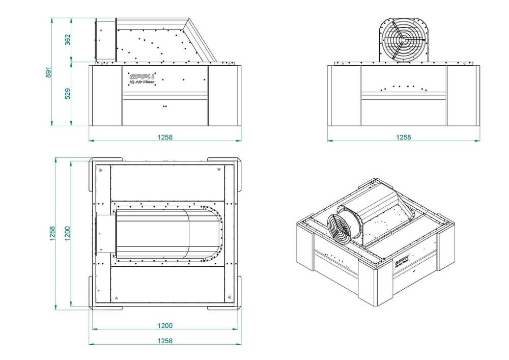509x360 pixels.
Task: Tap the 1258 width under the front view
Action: coord(164,137)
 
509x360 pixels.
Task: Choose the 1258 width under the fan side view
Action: coord(403,137)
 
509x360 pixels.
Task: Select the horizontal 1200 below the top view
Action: coord(164,326)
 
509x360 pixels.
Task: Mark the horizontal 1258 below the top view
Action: coord(164,341)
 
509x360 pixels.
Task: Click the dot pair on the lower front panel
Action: coord(164,106)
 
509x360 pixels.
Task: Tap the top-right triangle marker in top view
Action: coord(218,169)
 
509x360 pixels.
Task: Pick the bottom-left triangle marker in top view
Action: coord(116,297)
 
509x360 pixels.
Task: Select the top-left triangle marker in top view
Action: coord(101,169)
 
